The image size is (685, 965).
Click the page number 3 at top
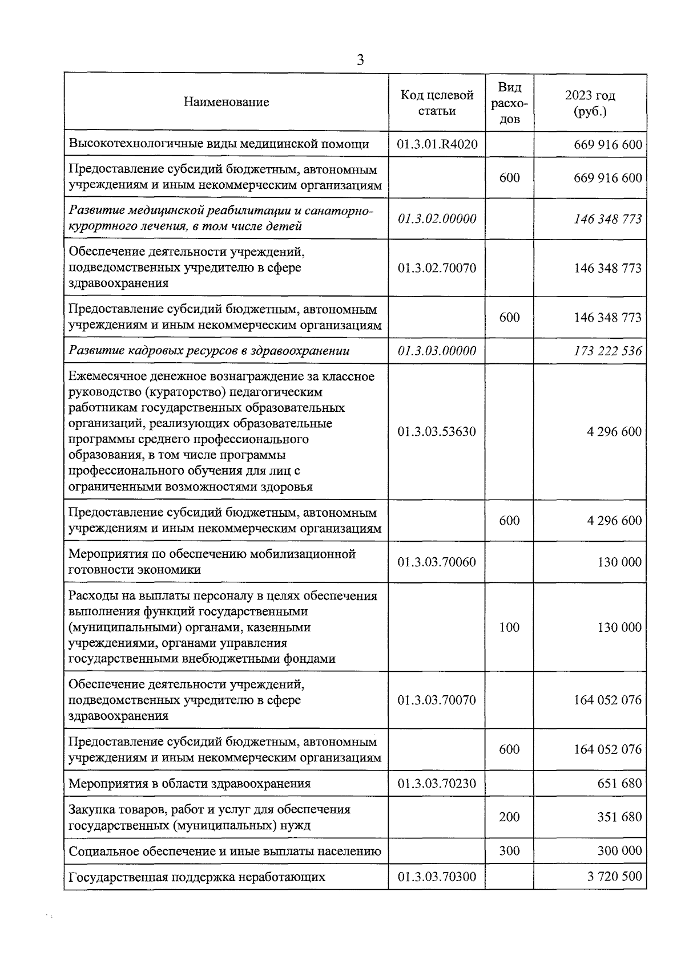tap(360, 60)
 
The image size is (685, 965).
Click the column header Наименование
tap(226, 102)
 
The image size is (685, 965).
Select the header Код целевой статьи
tap(437, 103)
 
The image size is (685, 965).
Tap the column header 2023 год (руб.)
tap(590, 103)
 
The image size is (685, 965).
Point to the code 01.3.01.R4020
tap(437, 144)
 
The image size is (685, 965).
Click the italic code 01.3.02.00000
tap(437, 218)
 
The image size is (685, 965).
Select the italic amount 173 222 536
tap(607, 351)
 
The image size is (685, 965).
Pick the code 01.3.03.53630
tap(437, 432)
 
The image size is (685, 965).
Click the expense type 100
tap(509, 627)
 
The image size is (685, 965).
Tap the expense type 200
tap(509, 817)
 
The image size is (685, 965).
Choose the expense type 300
tap(509, 851)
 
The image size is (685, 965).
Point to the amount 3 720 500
tap(614, 877)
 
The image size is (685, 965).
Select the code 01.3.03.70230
tap(437, 783)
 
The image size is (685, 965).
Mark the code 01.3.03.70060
tap(437, 562)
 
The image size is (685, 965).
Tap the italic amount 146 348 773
tap(607, 218)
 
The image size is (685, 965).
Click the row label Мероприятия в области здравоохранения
tap(190, 783)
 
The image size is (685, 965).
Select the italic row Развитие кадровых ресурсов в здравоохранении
tap(209, 351)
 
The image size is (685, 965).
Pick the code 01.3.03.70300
tap(437, 877)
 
